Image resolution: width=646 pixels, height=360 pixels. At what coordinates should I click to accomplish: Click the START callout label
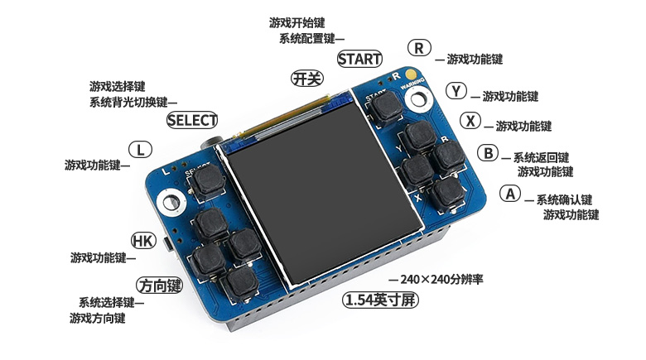click(359, 59)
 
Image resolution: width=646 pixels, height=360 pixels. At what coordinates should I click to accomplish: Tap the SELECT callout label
click(192, 120)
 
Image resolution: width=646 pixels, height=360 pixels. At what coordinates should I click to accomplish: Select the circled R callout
click(419, 48)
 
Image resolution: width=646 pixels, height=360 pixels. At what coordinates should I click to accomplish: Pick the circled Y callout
click(456, 90)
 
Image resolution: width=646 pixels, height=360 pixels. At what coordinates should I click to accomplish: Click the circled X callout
click(470, 121)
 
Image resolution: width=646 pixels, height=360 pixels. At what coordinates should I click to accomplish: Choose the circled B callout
click(488, 153)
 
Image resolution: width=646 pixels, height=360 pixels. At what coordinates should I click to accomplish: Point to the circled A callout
click(510, 193)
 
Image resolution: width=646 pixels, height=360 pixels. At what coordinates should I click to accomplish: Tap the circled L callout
click(141, 150)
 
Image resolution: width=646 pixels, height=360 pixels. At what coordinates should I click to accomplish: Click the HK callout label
click(143, 241)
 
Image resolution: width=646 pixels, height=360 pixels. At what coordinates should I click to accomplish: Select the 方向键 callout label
click(160, 285)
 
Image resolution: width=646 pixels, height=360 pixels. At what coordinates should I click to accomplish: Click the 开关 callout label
click(307, 79)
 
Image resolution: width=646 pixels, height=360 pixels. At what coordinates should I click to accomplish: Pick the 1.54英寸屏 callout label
click(380, 300)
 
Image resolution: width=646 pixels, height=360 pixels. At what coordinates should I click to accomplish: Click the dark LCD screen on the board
click(324, 192)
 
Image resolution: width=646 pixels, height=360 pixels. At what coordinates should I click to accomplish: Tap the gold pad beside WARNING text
click(411, 74)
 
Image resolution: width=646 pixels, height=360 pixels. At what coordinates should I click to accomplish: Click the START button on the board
click(386, 106)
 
